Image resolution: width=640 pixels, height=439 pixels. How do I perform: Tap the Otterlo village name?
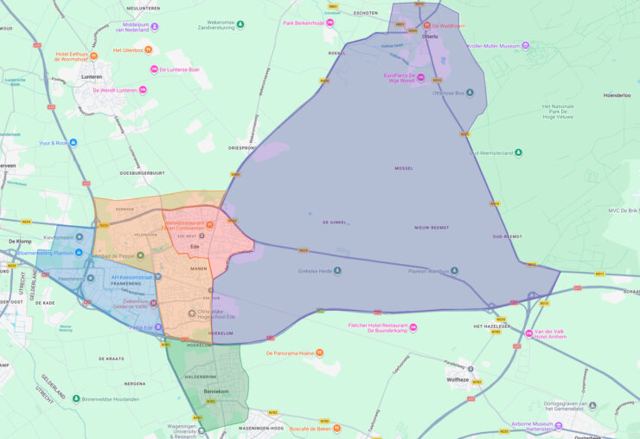429,36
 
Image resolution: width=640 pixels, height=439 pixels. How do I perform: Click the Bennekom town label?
214,391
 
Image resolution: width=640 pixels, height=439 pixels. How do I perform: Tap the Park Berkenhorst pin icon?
329,23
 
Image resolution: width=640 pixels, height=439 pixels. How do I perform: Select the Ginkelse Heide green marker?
337,270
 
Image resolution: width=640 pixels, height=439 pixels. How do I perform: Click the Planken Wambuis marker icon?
456,270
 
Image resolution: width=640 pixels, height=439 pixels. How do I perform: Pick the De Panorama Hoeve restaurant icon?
319,352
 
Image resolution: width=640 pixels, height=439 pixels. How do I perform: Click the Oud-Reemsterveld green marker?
518,152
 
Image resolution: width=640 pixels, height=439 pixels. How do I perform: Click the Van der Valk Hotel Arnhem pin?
529,333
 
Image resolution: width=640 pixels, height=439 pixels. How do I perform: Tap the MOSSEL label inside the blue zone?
404,168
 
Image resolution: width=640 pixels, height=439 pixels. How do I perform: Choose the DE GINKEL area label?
334,223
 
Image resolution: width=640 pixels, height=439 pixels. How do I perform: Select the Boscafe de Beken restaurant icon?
336,428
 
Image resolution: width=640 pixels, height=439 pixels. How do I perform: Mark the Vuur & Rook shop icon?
74,142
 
